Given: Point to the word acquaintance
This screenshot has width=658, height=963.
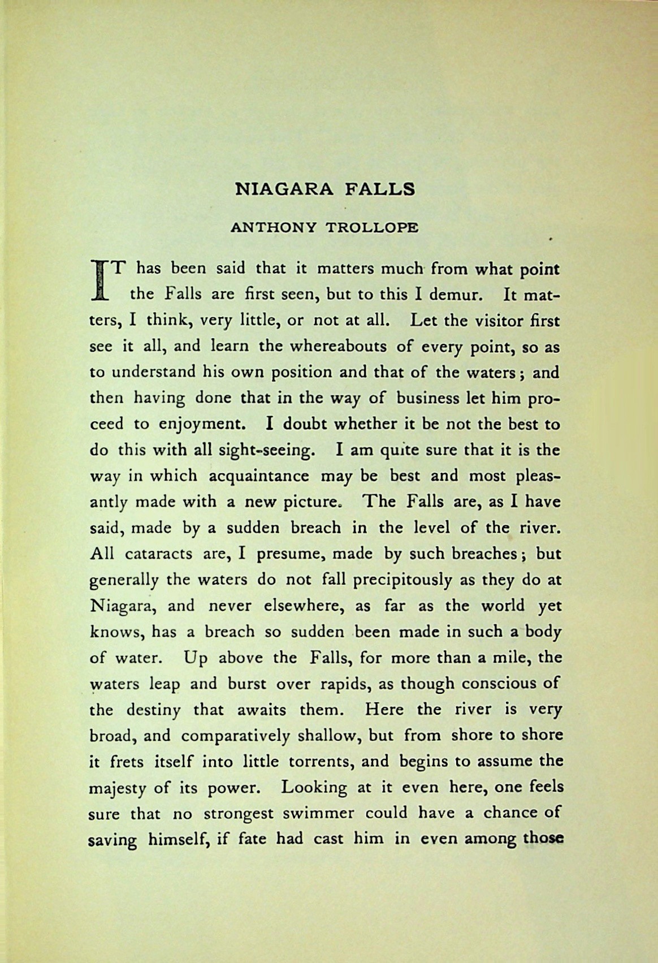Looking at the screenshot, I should [259, 476].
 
